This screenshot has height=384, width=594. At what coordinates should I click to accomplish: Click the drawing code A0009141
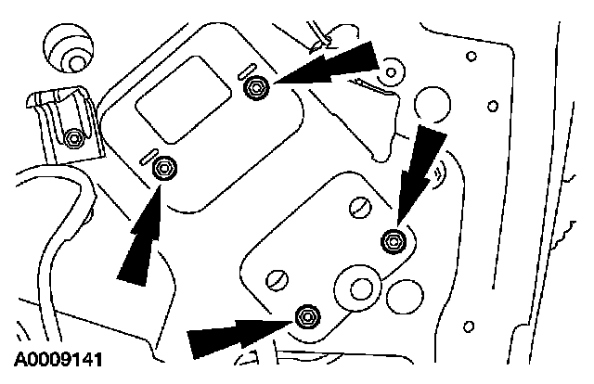[58, 359]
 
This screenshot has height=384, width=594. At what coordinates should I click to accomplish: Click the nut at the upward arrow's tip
[164, 168]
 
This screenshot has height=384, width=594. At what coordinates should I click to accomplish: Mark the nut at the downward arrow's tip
[394, 241]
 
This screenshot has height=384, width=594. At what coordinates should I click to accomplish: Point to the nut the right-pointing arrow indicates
[307, 316]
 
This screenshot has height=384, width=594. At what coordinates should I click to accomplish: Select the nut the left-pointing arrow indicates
[256, 88]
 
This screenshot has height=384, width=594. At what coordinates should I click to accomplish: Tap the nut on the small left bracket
[73, 138]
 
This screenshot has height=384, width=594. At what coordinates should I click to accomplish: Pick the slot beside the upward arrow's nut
[148, 156]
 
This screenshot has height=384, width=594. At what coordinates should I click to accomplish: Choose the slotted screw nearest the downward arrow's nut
[360, 207]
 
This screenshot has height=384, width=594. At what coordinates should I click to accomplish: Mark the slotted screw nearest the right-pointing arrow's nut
[278, 280]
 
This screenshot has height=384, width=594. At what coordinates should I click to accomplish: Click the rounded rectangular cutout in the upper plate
[184, 100]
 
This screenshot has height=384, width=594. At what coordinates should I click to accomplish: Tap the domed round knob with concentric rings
[68, 48]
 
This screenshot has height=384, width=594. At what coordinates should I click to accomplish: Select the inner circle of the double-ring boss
[362, 289]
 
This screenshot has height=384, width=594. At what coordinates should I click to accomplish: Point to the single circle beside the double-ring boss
[405, 297]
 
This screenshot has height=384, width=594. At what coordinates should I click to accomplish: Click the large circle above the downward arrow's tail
[433, 105]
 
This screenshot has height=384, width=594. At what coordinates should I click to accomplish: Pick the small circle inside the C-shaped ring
[392, 72]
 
